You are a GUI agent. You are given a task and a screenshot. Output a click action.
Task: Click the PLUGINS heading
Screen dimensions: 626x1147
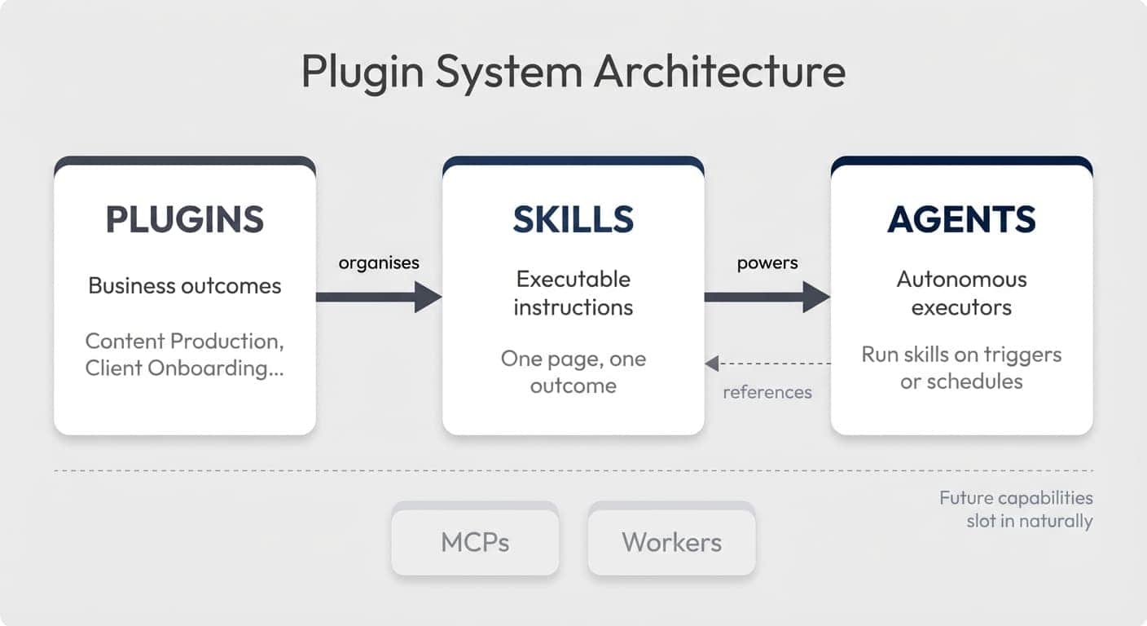click(185, 220)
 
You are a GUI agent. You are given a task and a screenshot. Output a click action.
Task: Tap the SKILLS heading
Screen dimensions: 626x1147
click(573, 220)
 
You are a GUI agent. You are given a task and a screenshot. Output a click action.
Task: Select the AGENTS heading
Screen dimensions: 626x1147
click(961, 220)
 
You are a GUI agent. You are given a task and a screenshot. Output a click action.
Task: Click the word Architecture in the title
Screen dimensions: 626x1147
click(719, 72)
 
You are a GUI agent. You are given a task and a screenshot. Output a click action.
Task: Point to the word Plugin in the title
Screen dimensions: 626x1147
click(363, 72)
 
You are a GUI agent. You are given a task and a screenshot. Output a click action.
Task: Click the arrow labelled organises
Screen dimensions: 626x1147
click(378, 297)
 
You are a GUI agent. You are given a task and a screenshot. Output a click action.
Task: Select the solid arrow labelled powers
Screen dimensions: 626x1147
click(767, 297)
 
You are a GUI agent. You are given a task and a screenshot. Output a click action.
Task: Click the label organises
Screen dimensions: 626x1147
click(379, 262)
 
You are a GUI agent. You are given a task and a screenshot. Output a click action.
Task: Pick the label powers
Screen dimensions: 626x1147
click(767, 262)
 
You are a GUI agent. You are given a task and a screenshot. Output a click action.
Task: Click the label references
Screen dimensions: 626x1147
click(767, 392)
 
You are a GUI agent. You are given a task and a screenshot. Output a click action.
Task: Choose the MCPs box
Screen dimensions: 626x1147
click(475, 542)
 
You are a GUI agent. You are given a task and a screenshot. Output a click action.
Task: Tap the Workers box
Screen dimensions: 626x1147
click(671, 542)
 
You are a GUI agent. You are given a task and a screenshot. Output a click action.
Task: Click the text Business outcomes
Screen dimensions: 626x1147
click(185, 285)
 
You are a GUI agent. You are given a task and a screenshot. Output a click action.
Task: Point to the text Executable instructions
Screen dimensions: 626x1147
click(573, 293)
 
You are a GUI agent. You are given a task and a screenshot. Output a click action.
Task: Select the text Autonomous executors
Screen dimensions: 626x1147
click(961, 293)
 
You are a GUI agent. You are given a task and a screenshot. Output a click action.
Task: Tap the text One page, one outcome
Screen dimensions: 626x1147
click(573, 372)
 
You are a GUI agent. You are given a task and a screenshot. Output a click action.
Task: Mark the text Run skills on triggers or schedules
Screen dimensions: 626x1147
click(961, 368)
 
